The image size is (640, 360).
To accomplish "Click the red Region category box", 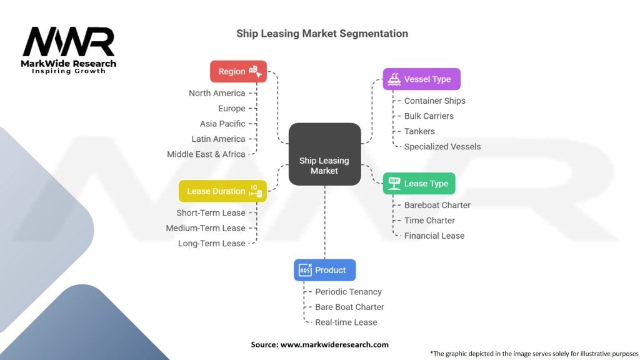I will click(238, 71).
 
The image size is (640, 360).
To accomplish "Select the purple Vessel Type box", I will click(421, 79).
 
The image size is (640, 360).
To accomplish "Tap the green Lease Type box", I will click(419, 184).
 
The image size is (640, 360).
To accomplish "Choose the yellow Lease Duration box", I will click(222, 191).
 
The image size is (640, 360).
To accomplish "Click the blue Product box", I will click(324, 270).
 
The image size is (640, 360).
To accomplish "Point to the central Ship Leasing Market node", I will click(324, 154).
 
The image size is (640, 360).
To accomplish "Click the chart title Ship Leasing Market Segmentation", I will click(322, 34).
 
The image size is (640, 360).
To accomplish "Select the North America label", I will click(217, 93).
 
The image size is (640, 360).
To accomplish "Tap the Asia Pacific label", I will click(222, 124).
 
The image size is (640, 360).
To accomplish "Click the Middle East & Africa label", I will click(206, 154).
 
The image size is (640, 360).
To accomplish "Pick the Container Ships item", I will click(434, 101).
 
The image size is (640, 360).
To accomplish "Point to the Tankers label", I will click(419, 131).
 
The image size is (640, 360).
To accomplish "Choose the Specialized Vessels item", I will click(442, 146).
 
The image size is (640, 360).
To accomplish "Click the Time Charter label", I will click(429, 220).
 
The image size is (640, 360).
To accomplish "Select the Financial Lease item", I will click(434, 236).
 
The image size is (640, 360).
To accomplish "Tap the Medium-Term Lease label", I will click(206, 228).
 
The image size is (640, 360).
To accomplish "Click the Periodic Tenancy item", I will click(348, 291).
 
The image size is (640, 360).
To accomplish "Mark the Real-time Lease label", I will click(346, 322).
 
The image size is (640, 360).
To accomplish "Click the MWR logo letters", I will click(69, 42).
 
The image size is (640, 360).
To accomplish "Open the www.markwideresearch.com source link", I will click(334, 344).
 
